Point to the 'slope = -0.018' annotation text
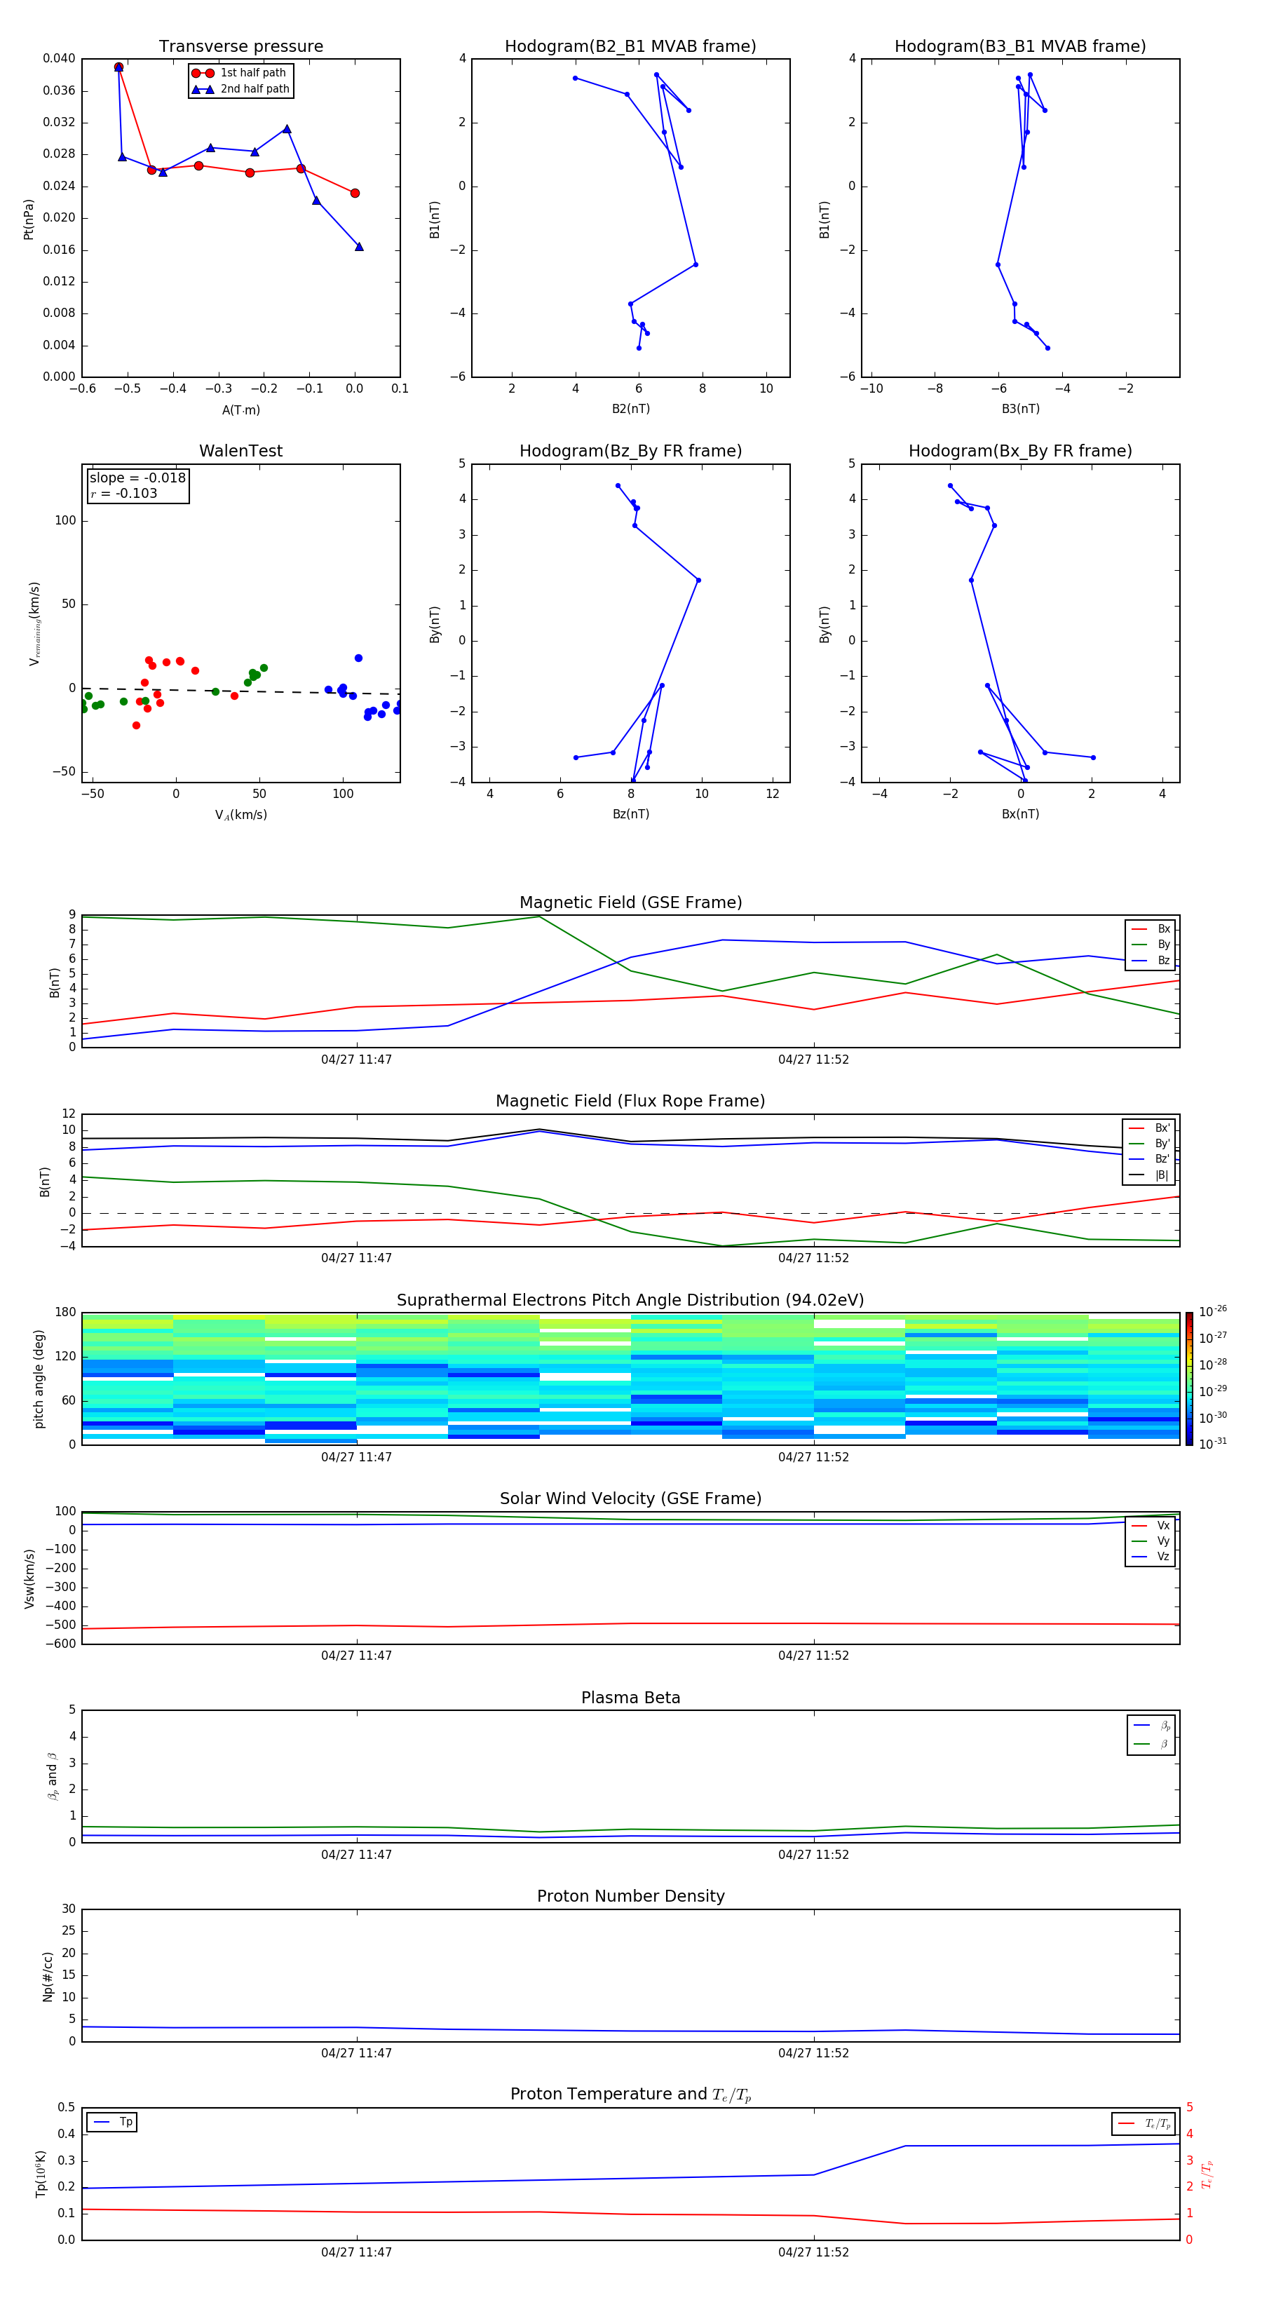(x=137, y=478)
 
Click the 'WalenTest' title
(x=240, y=451)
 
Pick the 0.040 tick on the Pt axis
(x=60, y=58)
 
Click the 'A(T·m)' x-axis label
(x=240, y=410)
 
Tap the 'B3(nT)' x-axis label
(x=1020, y=409)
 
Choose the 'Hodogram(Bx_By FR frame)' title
(x=1019, y=451)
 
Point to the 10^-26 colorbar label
(x=1213, y=1311)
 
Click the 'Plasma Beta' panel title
(x=630, y=1698)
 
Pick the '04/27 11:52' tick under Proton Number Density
(x=813, y=2052)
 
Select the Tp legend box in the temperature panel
(x=112, y=2122)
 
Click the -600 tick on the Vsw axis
(x=61, y=1644)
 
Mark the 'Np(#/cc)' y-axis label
(x=48, y=1976)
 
